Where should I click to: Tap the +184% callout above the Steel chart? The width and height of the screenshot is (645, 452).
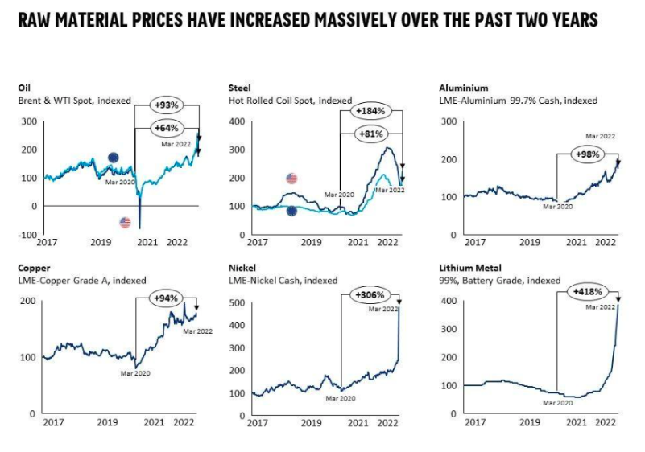click(372, 109)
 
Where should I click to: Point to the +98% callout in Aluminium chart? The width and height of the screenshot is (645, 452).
click(587, 154)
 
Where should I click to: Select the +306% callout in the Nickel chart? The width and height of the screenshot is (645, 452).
click(370, 295)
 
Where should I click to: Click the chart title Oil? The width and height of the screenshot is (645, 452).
click(24, 88)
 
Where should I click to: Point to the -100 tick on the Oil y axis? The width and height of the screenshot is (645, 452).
click(27, 234)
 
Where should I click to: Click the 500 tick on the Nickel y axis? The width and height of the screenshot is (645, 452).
click(237, 302)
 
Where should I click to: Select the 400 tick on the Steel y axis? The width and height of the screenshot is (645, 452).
click(237, 121)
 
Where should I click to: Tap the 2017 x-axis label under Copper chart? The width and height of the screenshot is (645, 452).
click(53, 422)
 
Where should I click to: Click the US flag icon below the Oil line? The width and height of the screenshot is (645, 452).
click(125, 222)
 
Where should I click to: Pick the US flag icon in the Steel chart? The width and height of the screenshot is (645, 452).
click(291, 179)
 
